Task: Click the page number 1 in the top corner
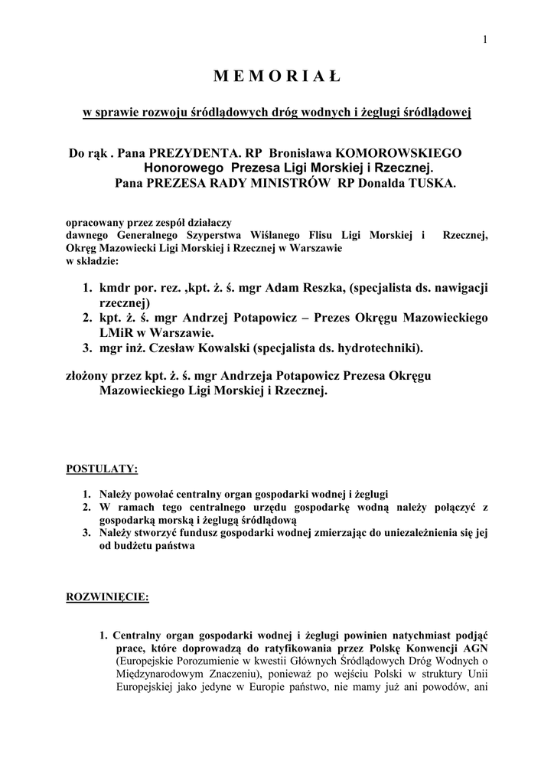pos(485,40)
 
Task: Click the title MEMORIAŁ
pos(276,77)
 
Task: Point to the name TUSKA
pos(432,183)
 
